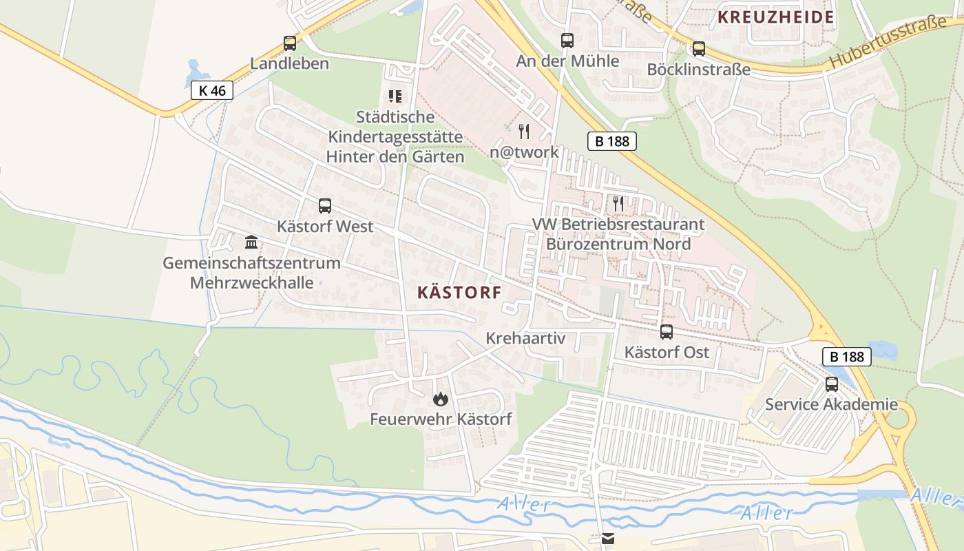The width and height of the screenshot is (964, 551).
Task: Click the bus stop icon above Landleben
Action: (x=290, y=43)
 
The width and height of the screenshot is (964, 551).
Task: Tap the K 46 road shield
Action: (x=212, y=90)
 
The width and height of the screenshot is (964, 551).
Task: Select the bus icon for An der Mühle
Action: (x=567, y=41)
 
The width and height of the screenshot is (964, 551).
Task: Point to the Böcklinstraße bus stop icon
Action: (x=699, y=49)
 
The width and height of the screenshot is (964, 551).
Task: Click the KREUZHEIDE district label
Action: (x=776, y=17)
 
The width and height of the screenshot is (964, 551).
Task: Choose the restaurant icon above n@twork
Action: (x=524, y=131)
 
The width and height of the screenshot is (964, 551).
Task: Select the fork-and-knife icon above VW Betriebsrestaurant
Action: (x=618, y=203)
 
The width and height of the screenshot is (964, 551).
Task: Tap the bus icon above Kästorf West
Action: (x=324, y=206)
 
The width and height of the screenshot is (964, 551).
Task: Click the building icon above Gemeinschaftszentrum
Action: (x=251, y=242)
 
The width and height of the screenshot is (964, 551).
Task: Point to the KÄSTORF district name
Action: (x=459, y=293)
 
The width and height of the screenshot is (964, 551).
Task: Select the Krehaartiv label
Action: (x=525, y=338)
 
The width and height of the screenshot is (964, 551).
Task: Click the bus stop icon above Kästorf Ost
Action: (x=667, y=332)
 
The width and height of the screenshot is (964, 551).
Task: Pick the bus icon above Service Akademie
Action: (x=832, y=384)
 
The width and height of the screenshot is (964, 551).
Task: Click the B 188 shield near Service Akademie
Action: (x=847, y=357)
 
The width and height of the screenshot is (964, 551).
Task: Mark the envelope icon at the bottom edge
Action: (x=608, y=539)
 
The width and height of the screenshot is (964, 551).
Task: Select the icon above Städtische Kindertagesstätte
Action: (x=395, y=96)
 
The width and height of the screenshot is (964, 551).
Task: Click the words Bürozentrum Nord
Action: (x=618, y=244)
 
